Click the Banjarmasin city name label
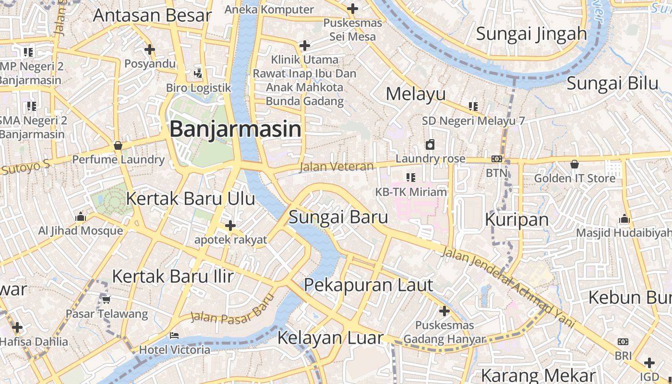click(235, 129)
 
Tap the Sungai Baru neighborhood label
click(338, 217)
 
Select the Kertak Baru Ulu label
click(190, 198)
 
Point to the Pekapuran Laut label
click(369, 285)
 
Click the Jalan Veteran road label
click(336, 167)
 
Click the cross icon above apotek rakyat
click(230, 225)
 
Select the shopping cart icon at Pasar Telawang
click(106, 300)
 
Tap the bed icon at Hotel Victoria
click(174, 336)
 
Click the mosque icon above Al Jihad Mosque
click(81, 217)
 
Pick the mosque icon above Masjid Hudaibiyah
click(624, 219)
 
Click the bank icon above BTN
click(497, 159)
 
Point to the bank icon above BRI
click(623, 342)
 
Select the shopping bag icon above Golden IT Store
click(575, 164)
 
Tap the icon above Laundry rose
click(430, 144)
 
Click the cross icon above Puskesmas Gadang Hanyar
click(444, 311)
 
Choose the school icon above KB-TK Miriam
click(410, 178)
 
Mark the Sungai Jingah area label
click(531, 34)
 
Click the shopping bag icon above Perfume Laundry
click(118, 145)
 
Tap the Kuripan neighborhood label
click(516, 219)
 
